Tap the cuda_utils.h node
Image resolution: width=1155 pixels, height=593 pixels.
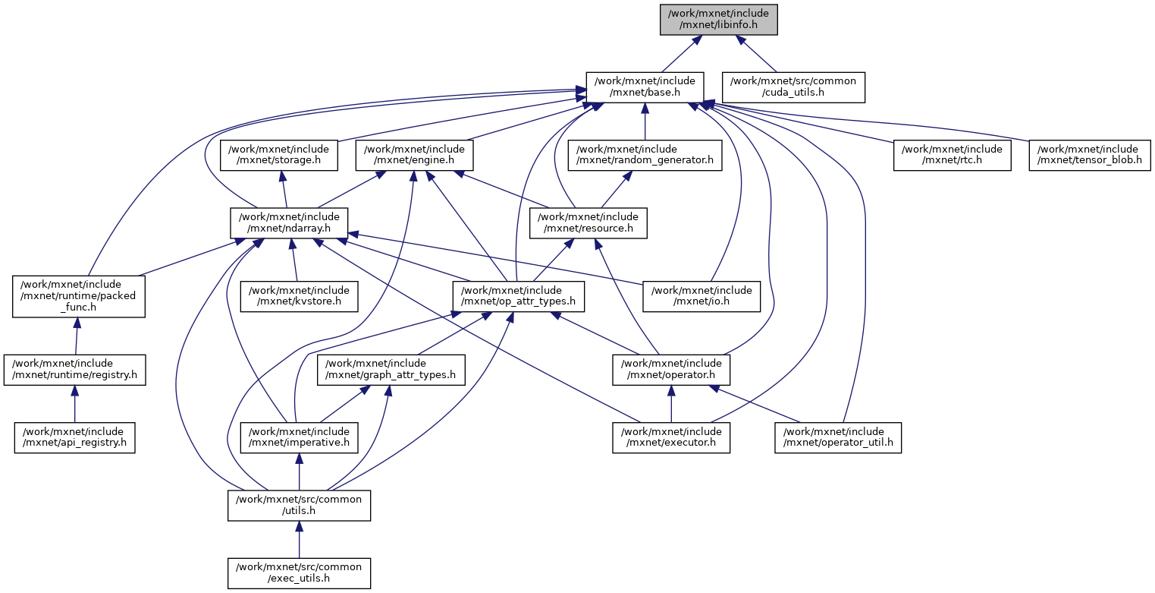[793, 87]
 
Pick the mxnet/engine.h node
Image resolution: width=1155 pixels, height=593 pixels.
[415, 155]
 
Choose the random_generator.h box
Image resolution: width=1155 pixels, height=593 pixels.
[645, 155]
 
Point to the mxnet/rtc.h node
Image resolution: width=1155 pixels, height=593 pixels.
[952, 155]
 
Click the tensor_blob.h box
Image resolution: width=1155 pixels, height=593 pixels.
[1089, 155]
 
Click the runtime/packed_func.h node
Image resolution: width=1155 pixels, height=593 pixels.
[78, 295]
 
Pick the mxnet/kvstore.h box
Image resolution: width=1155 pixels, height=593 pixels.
[300, 296]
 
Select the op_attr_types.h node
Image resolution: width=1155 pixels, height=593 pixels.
[517, 296]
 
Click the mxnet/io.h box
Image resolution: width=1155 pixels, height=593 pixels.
[701, 296]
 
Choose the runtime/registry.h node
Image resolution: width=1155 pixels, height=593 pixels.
[74, 369]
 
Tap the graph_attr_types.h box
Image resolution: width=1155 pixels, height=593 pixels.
[391, 369]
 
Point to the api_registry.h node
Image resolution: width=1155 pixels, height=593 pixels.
[74, 437]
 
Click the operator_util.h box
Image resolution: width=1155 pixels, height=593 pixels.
[838, 437]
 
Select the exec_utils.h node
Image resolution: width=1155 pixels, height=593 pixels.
[299, 572]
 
